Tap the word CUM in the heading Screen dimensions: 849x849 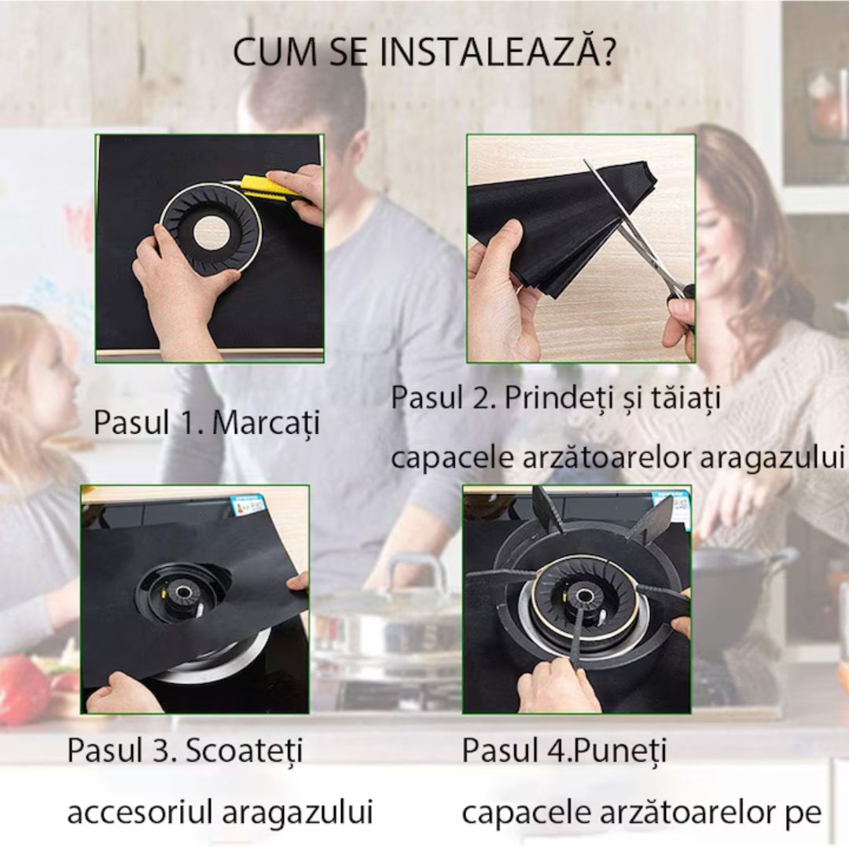[x=269, y=53]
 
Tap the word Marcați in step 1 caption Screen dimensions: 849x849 [x=266, y=423]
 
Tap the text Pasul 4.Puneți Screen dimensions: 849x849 [x=564, y=750]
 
